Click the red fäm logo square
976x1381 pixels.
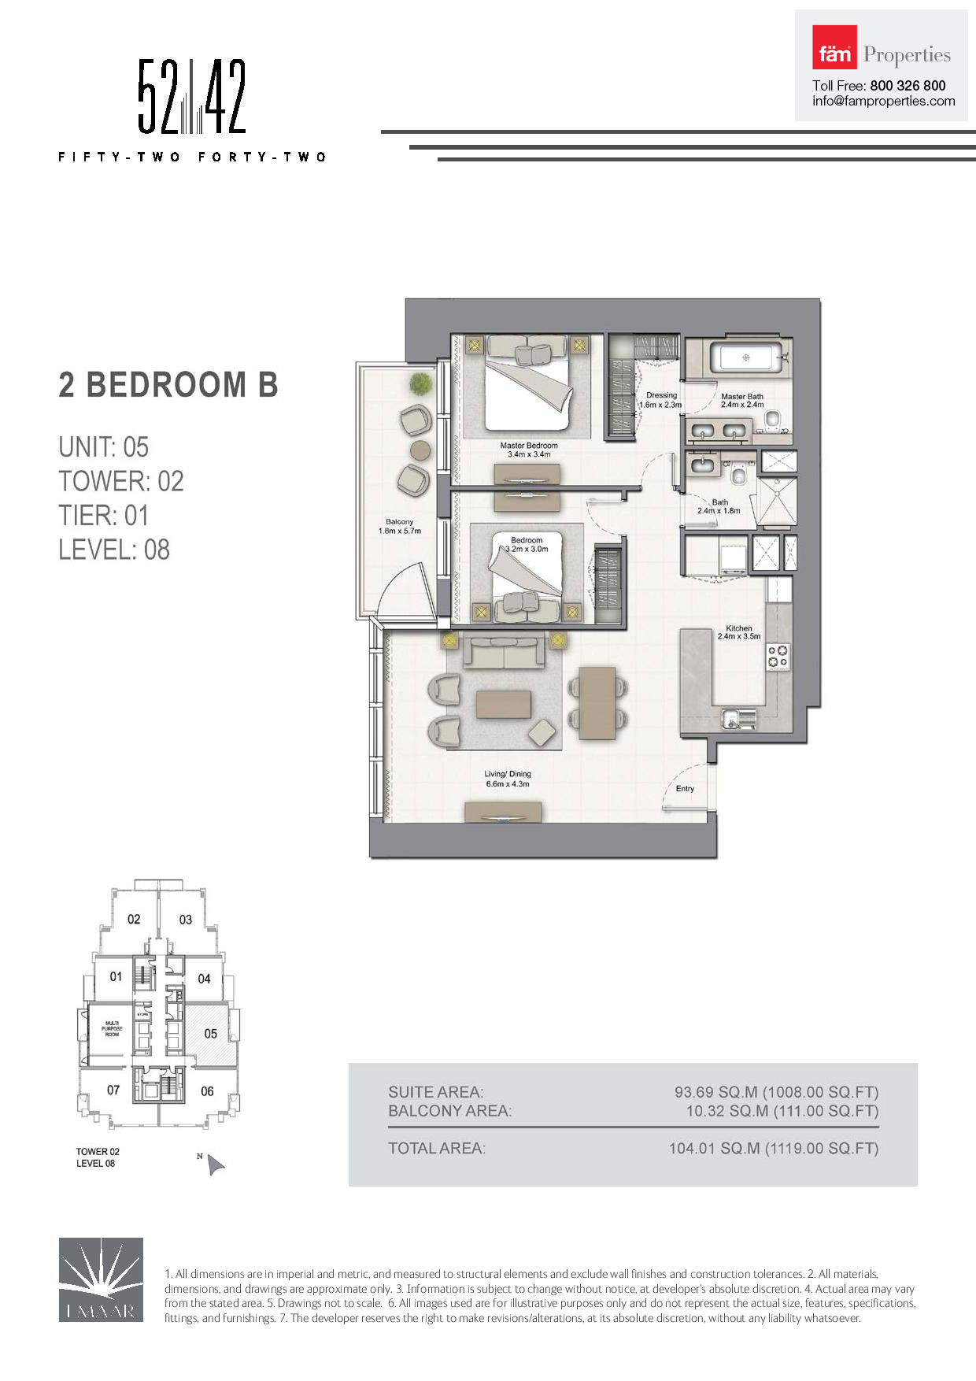click(834, 47)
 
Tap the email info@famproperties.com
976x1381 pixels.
click(884, 101)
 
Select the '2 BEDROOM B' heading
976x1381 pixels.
click(168, 385)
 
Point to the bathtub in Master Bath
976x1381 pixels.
click(746, 357)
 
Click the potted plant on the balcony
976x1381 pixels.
click(421, 384)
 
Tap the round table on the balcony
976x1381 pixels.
click(421, 450)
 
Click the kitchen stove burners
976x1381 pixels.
click(778, 657)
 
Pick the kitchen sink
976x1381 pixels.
click(739, 718)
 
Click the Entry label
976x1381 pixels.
click(685, 789)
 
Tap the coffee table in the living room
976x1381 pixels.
click(504, 704)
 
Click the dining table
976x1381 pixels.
click(597, 703)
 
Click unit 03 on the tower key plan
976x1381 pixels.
click(186, 920)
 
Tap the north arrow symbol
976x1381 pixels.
click(215, 1165)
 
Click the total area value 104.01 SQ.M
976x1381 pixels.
click(715, 1149)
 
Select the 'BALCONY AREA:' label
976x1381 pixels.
click(449, 1111)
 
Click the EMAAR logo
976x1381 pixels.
click(101, 1279)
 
